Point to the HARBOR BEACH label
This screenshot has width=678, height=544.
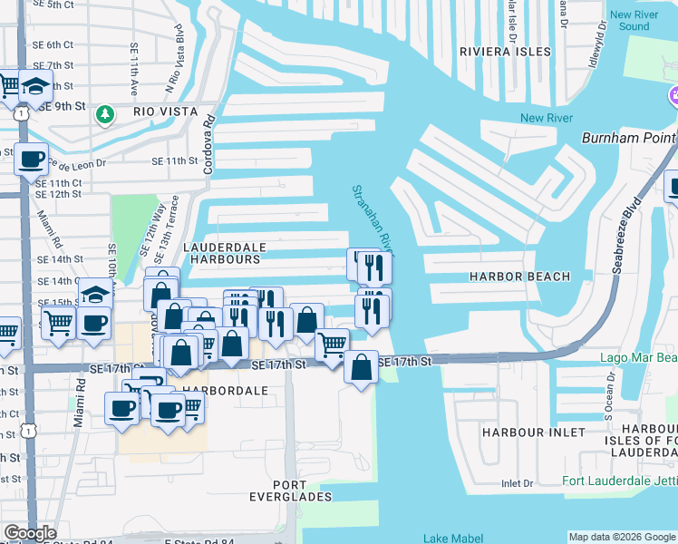coord(519,277)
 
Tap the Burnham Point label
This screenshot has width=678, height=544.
coord(629,138)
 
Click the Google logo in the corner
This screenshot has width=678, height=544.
coord(29,533)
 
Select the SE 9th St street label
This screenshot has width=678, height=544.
coord(63,106)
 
